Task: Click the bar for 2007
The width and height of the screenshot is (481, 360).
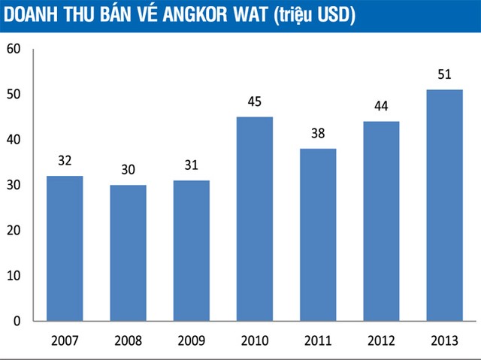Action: pos(65,248)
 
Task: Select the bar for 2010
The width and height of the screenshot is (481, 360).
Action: pos(254,219)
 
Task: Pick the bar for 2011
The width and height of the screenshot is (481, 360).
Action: pos(317,234)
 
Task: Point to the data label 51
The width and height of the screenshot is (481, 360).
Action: pos(444,74)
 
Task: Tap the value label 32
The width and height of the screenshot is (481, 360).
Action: pos(65,161)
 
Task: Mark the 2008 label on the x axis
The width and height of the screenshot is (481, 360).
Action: pos(128,340)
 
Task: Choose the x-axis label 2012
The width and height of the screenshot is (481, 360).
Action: pos(381,340)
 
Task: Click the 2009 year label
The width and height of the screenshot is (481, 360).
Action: pos(191,340)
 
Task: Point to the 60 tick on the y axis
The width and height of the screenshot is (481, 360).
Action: pos(14,50)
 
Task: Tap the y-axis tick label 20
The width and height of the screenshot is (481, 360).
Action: pos(14,231)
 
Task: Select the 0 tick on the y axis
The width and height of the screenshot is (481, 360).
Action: pos(17,321)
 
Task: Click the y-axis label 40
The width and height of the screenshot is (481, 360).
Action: pos(14,141)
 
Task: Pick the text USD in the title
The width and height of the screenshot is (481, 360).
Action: pos(334,15)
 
